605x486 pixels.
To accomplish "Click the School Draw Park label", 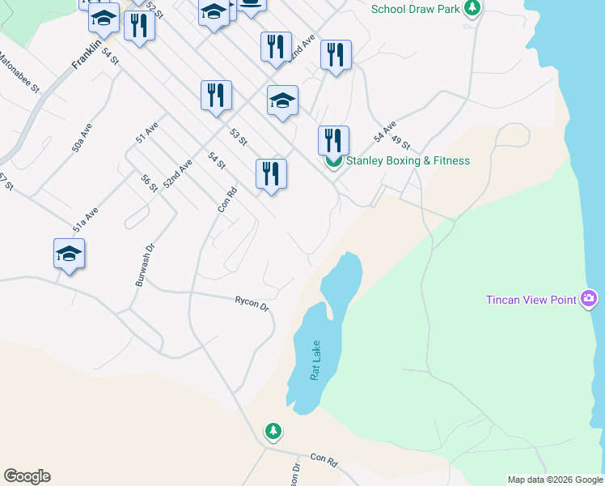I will point(415,10).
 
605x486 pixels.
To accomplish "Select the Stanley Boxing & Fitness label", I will point(408,160).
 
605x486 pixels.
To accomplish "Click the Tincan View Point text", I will point(531,300).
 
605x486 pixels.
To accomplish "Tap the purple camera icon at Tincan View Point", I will point(589,301).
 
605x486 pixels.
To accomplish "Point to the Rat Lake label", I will point(315,360).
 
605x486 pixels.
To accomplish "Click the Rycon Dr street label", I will point(252,304).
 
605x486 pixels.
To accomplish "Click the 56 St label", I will point(149,183).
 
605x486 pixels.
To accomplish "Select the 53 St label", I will point(237,137).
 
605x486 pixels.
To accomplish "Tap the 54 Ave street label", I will point(384,130).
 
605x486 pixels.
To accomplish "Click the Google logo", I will point(27,476).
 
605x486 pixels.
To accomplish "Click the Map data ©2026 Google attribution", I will point(555,480).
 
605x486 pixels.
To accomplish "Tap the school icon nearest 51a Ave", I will point(70,254).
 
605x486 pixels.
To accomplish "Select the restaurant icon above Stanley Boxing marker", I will point(333,139).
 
